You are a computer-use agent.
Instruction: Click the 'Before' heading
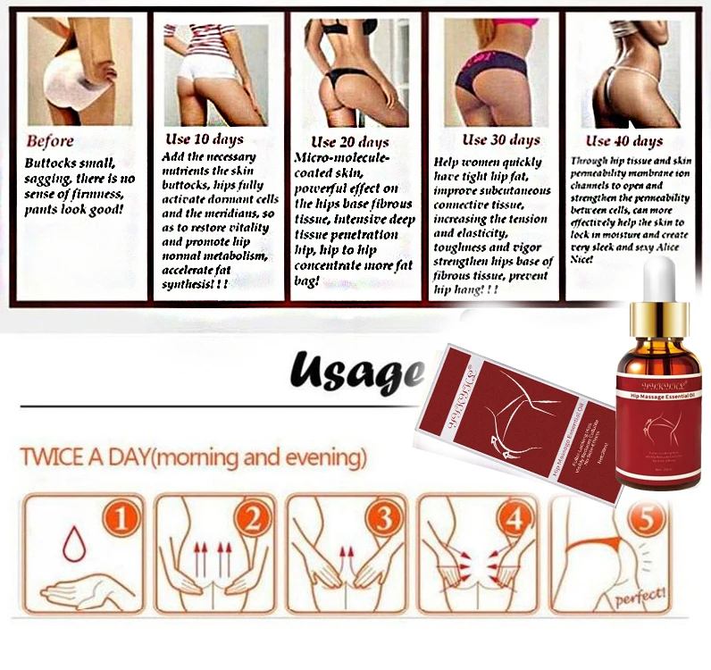50,141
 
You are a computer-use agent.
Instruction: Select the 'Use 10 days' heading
205,139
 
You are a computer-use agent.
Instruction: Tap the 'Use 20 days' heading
349,142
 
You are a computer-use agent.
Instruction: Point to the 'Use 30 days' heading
500,139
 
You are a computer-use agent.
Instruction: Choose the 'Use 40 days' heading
623,141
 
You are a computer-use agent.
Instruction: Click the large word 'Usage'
353,369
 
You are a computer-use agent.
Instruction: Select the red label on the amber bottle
657,420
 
